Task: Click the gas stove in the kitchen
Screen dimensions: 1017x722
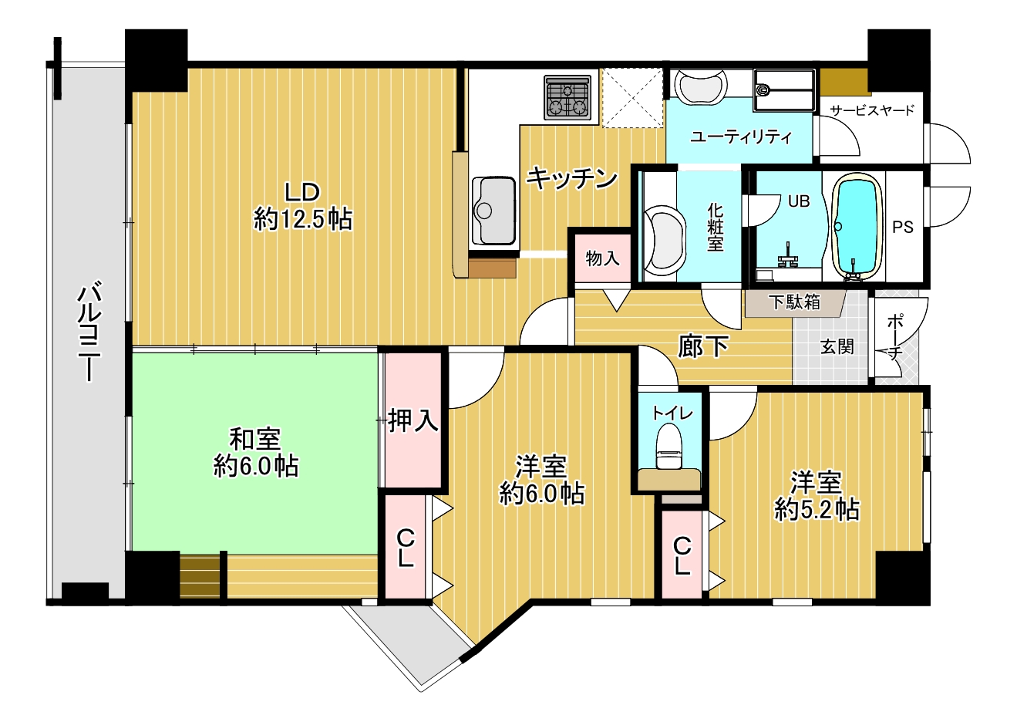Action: coord(567,98)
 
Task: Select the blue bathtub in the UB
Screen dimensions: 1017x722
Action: coord(857,226)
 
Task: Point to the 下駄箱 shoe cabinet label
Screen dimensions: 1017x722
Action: coord(794,302)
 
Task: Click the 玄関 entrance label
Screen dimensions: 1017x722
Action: coord(837,347)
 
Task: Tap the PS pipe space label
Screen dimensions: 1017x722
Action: coord(903,227)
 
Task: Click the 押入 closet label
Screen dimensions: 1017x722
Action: coord(413,420)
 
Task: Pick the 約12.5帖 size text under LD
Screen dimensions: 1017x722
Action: coord(303,220)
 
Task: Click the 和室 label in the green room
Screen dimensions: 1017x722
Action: coord(255,439)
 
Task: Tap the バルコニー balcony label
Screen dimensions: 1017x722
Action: coord(89,331)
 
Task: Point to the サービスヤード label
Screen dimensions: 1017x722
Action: coord(872,110)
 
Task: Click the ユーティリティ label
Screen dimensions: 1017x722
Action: coord(741,137)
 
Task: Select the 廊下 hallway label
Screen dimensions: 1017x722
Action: coord(703,346)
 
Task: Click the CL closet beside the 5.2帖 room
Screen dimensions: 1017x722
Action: coord(682,555)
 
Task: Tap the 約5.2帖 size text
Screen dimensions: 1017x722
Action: coord(817,509)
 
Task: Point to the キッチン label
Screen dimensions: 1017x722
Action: coord(571,178)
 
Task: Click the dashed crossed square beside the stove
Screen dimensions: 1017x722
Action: coord(632,98)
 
